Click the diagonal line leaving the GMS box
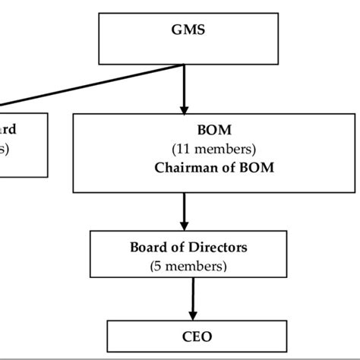point(91,83)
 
